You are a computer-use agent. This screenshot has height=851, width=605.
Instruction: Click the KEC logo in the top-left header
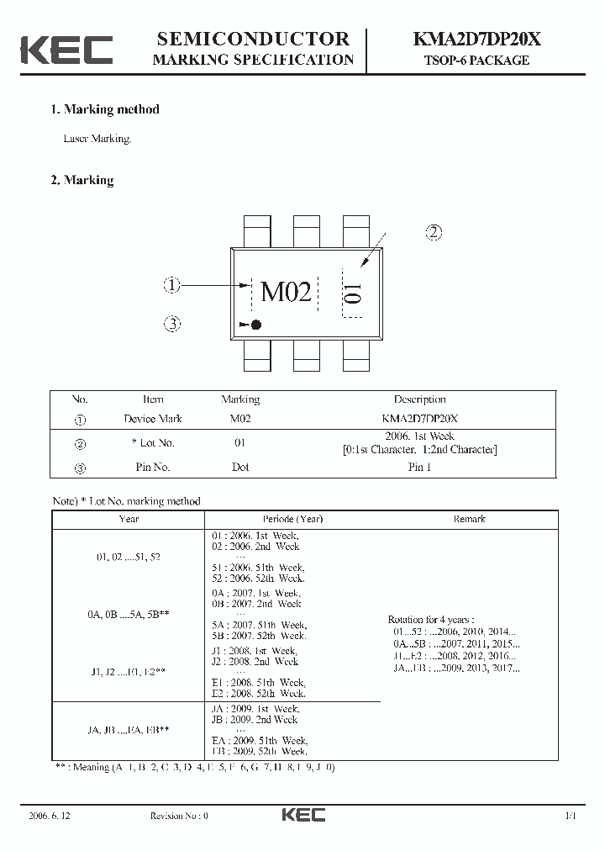point(66,50)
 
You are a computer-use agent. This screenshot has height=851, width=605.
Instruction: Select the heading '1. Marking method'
point(105,109)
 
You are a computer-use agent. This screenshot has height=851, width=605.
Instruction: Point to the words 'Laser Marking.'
point(97,139)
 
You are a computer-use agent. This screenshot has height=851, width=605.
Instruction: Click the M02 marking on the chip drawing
point(286,292)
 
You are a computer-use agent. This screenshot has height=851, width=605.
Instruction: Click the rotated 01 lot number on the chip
point(353,293)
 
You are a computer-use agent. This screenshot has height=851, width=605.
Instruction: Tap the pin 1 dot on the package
point(257,325)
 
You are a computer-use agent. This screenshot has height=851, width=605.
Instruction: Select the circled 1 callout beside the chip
point(172,286)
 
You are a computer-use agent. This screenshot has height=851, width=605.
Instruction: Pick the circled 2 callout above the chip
point(434,233)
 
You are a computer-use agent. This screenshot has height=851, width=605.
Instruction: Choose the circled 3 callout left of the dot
point(172,324)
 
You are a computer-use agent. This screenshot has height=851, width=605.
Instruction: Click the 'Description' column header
point(419,399)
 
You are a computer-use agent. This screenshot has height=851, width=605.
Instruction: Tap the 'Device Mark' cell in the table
point(153,418)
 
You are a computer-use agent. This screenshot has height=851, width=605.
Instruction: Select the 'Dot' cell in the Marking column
point(240,467)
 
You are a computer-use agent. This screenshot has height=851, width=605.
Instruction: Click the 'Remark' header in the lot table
point(469,519)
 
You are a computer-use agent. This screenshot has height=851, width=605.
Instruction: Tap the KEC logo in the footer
point(302,815)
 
